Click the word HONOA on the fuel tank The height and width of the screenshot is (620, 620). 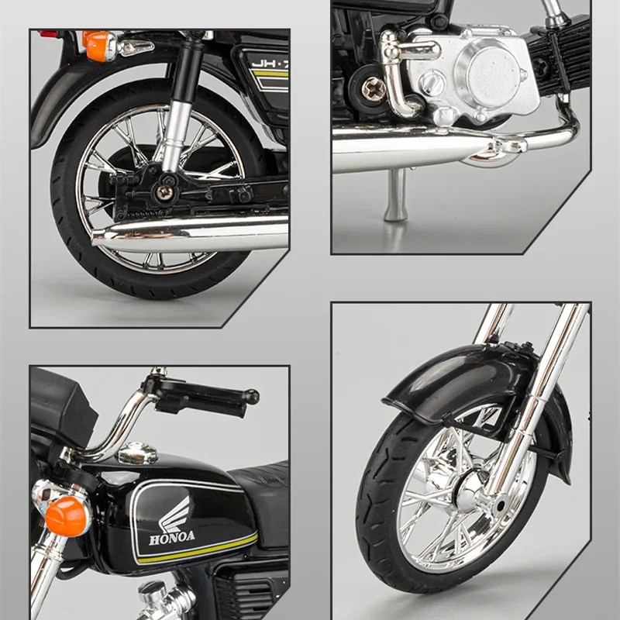click(172, 536)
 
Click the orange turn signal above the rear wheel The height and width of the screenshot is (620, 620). click(96, 45)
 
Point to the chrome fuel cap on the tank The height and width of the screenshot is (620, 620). click(137, 453)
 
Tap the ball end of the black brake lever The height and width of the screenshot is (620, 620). click(251, 396)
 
